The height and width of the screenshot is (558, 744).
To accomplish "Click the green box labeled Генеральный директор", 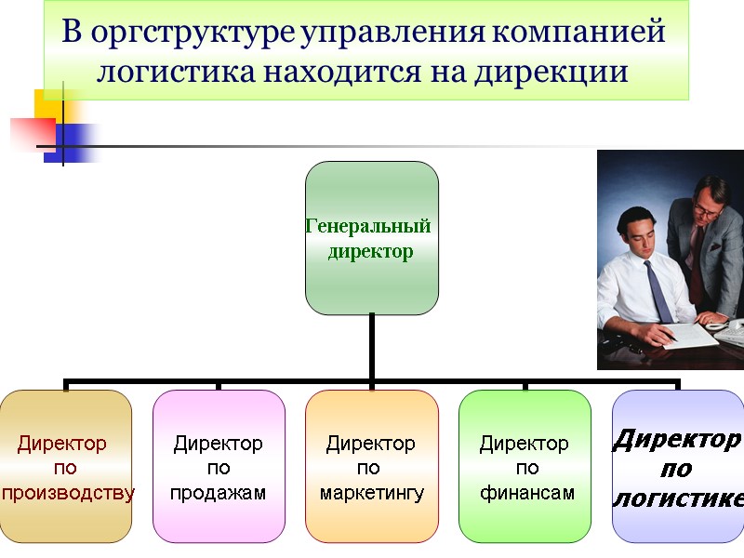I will pyautogui.click(x=372, y=238).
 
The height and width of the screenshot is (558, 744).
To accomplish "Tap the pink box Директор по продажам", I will pyautogui.click(x=219, y=467).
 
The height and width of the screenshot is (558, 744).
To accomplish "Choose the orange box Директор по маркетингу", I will pyautogui.click(x=372, y=467).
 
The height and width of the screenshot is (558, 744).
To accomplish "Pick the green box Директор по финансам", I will pyautogui.click(x=525, y=467).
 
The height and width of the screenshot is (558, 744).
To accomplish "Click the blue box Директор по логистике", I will pyautogui.click(x=678, y=467).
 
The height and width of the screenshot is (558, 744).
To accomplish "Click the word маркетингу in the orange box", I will pyautogui.click(x=372, y=492).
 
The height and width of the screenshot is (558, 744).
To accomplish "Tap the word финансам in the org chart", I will pyautogui.click(x=526, y=492).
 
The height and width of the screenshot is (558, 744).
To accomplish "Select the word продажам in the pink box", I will pyautogui.click(x=219, y=492).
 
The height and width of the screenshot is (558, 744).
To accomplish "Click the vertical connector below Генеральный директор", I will pyautogui.click(x=372, y=346).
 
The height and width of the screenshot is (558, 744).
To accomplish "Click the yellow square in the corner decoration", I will pyautogui.click(x=46, y=102).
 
